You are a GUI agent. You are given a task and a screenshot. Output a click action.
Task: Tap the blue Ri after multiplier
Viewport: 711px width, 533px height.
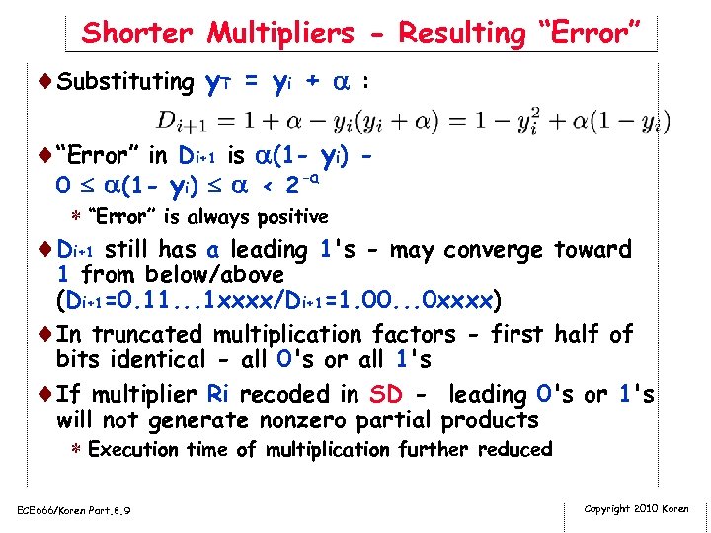point(218,395)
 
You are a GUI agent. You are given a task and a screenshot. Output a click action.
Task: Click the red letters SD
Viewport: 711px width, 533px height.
point(385,395)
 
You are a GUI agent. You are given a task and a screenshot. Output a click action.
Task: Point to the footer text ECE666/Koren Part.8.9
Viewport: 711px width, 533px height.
point(74,510)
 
